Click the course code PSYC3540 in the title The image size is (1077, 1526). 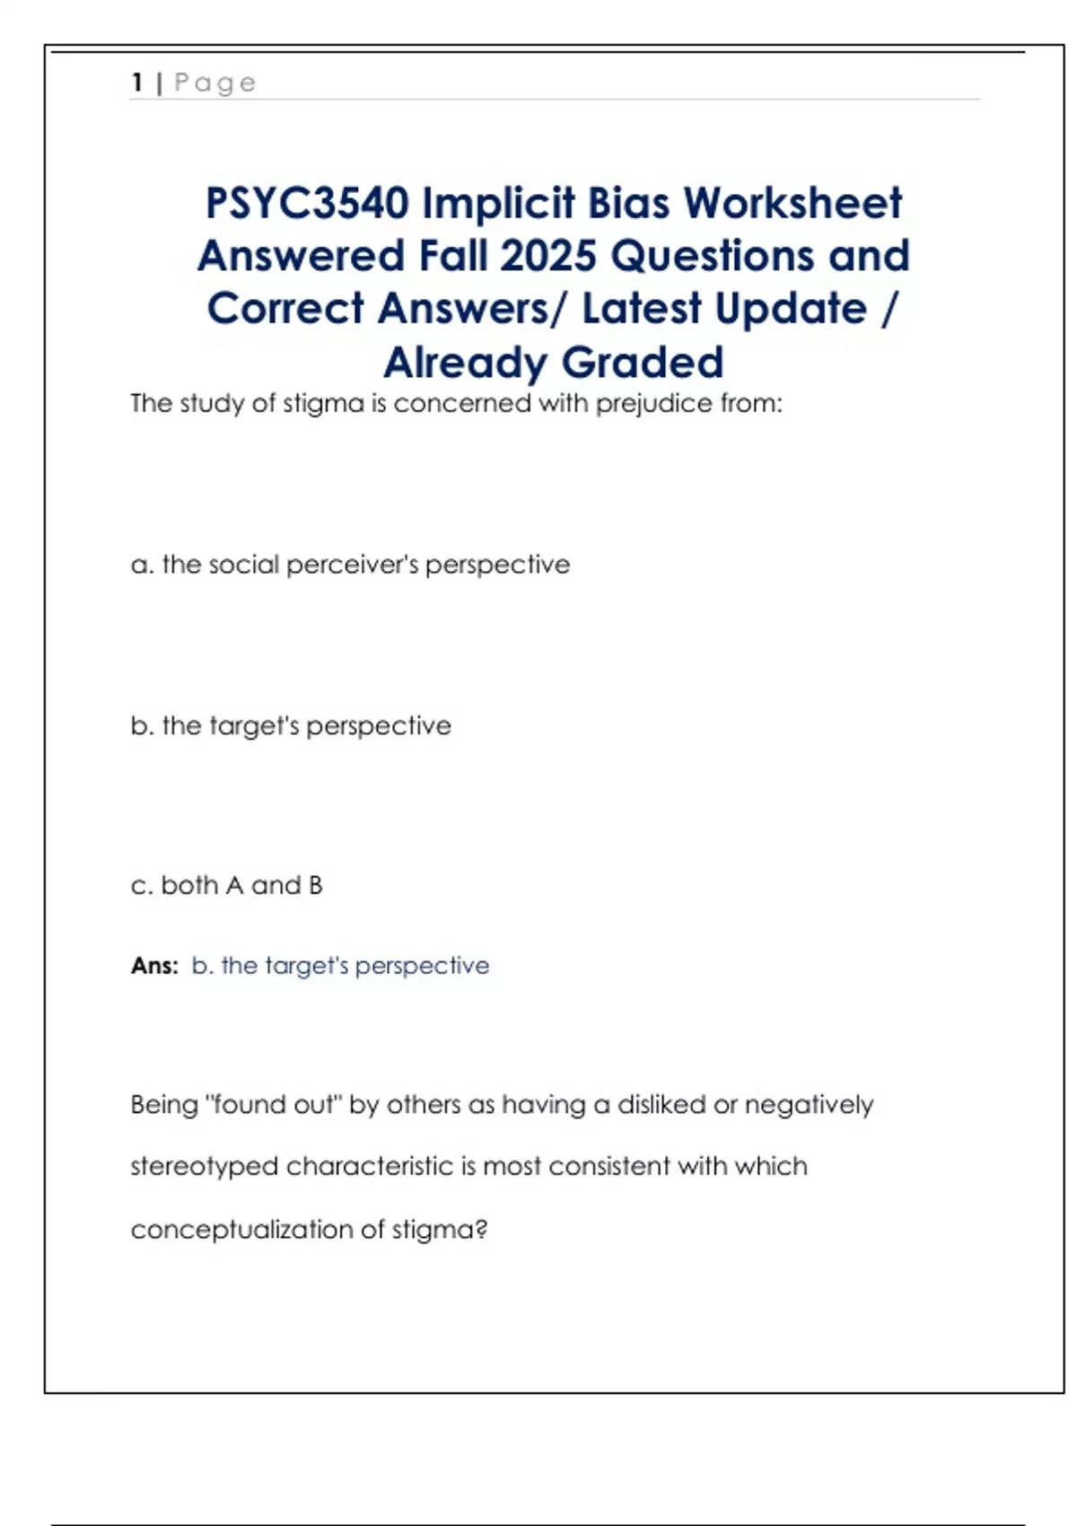pos(307,204)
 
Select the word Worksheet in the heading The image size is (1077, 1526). pos(792,204)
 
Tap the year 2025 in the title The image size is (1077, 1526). pos(547,256)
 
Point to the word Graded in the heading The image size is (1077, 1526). pos(643,363)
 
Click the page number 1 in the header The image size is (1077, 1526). pos(137,83)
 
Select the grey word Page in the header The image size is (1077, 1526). pos(215,83)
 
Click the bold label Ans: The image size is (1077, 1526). pos(154,966)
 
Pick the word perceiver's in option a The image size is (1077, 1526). pos(352,565)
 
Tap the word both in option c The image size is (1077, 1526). pos(189,885)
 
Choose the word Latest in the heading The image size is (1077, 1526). pos(642,309)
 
